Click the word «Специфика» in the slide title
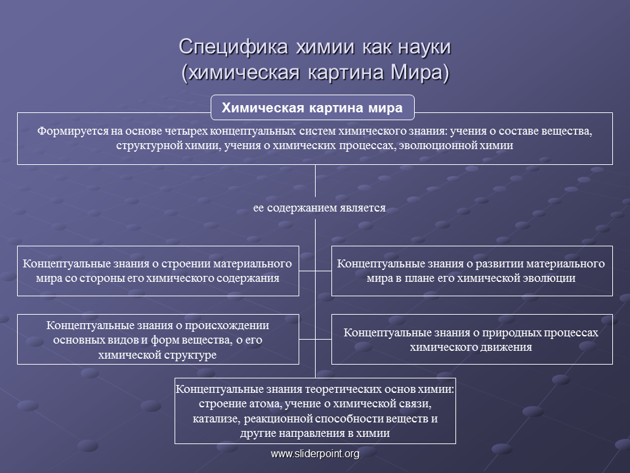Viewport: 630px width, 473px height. (x=234, y=47)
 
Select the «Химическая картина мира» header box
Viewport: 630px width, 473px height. (x=312, y=108)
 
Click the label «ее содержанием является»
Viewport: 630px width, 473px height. (x=320, y=208)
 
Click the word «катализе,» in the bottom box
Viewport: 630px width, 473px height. (x=217, y=418)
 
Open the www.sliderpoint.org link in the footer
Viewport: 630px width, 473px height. (x=315, y=454)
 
